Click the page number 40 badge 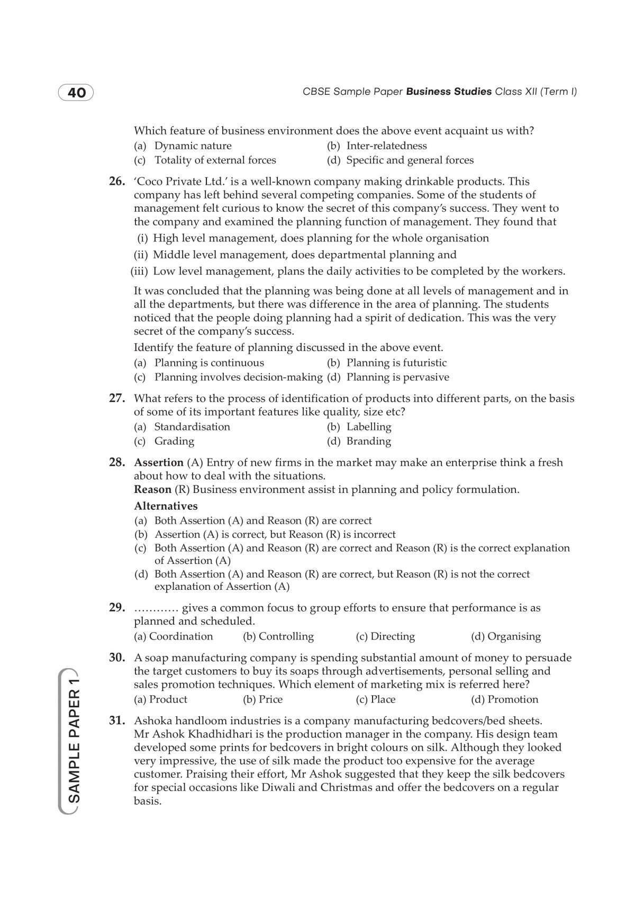click(x=76, y=93)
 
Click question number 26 click(x=117, y=182)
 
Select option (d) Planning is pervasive click(x=388, y=377)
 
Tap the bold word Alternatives click(x=166, y=506)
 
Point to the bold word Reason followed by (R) click(x=152, y=489)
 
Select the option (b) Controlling click(x=278, y=636)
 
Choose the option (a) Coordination click(x=174, y=636)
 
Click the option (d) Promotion click(x=504, y=699)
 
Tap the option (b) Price click(x=263, y=699)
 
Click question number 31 click(x=117, y=721)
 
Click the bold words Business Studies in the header click(x=449, y=92)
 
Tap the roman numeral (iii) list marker click(x=140, y=271)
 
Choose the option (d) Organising click(x=506, y=636)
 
